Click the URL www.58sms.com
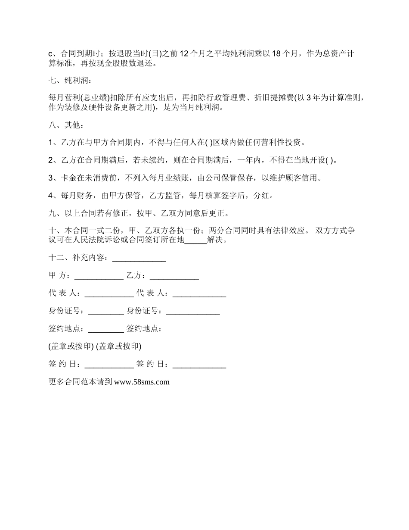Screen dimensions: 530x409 [x=142, y=382]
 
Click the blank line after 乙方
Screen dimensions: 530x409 [x=174, y=276]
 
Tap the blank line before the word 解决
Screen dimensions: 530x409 [x=195, y=240]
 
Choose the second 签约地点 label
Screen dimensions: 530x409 [x=144, y=329]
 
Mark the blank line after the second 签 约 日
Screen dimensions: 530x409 [x=199, y=364]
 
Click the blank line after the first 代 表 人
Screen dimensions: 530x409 [x=109, y=293]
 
